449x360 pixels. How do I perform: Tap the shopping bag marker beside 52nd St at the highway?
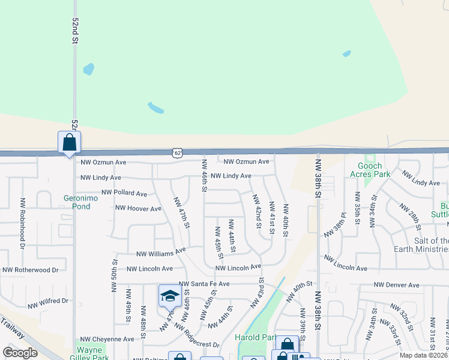(70, 143)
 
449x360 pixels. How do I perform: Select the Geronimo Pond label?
(77, 202)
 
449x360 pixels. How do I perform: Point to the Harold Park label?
(256, 337)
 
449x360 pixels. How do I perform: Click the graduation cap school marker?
(170, 295)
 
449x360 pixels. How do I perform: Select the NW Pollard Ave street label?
(124, 193)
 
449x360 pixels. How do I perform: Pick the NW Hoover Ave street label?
(139, 209)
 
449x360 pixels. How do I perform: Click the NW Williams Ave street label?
(161, 253)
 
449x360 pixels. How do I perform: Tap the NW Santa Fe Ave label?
(204, 284)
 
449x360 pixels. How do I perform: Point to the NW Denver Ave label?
(396, 285)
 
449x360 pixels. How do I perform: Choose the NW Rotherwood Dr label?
(29, 270)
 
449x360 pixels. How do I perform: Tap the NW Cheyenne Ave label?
(107, 339)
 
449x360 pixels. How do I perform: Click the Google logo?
(20, 353)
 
